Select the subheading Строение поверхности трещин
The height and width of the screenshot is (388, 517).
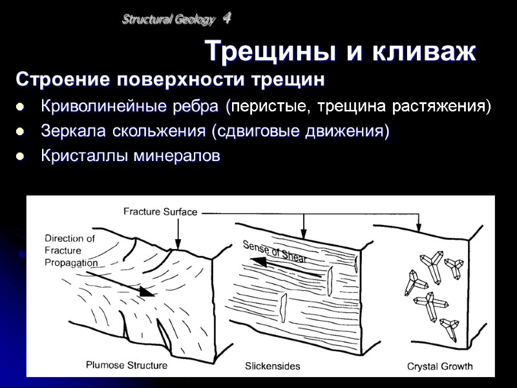point(169,81)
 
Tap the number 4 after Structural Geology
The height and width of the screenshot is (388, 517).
point(227,19)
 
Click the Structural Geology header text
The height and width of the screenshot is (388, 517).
point(168,20)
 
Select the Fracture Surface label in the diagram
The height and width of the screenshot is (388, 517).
point(160,211)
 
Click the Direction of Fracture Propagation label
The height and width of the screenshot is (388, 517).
point(71,250)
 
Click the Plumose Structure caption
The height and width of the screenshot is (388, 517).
point(127,365)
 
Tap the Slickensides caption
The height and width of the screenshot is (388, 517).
point(272,366)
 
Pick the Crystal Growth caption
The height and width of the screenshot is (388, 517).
point(439,366)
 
